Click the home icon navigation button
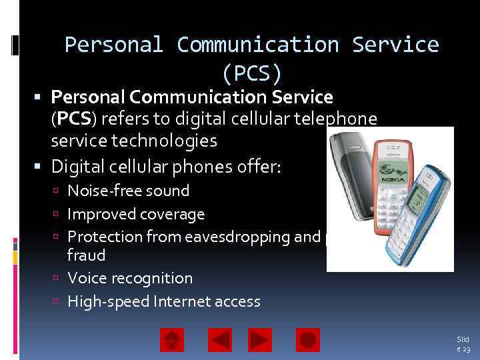172,340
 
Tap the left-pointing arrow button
220,340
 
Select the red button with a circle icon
308,340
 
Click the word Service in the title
395,45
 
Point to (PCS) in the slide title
253,71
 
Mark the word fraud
87,255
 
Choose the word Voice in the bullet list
85,278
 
